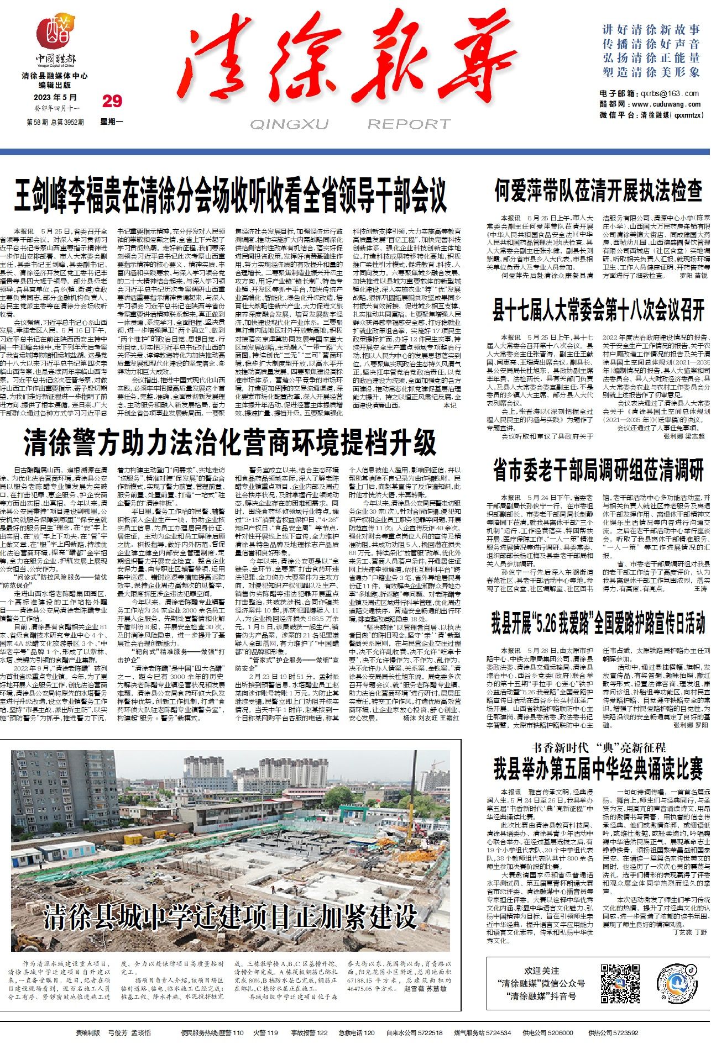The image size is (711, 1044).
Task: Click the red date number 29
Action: (112, 101)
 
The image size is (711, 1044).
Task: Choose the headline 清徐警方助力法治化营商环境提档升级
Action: (230, 442)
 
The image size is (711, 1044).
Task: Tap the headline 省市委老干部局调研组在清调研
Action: (598, 470)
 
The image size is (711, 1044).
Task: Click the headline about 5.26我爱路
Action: (598, 623)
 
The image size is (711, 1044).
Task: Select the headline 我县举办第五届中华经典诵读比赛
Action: (598, 768)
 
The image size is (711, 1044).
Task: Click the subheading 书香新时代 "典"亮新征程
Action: (598, 748)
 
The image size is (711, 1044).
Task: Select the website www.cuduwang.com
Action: (666, 104)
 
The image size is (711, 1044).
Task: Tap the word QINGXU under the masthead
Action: (289, 124)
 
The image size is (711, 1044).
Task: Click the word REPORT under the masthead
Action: (409, 124)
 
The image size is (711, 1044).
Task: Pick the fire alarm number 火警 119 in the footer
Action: (266, 1032)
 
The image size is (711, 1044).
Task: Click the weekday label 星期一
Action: (112, 122)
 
